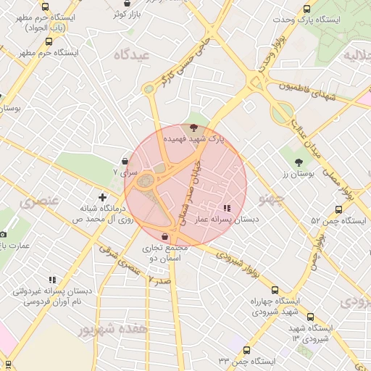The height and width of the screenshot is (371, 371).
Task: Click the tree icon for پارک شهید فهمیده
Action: point(193,127)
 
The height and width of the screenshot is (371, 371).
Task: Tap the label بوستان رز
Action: point(296,174)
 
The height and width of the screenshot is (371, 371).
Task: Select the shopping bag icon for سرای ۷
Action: point(127,161)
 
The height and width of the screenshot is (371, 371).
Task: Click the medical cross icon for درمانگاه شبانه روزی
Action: point(102,196)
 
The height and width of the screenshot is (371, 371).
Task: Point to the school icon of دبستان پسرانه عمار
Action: point(227,208)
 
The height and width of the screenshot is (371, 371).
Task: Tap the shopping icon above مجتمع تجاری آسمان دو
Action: point(166,236)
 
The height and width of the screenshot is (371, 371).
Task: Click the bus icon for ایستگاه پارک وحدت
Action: point(307,9)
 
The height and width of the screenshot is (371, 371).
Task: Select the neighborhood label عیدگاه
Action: point(131,55)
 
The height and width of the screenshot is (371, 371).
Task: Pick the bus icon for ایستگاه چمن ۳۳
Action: point(246,350)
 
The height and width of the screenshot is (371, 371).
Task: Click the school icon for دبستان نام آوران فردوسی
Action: point(51,280)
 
